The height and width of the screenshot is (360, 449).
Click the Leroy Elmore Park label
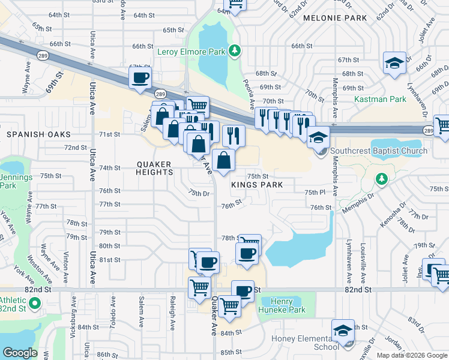[191, 52]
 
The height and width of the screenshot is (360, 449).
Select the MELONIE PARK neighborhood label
[335, 19]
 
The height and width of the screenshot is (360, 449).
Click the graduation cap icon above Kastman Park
[395, 63]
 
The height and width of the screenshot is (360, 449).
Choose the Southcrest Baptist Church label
[378, 151]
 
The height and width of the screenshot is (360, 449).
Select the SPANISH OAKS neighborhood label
[38, 134]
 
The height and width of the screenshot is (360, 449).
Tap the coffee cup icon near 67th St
[140, 78]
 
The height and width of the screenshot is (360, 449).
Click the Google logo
[20, 353]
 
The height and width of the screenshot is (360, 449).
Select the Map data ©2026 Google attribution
[411, 355]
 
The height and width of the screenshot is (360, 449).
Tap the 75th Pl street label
[315, 192]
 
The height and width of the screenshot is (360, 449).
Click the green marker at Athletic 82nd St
[34, 304]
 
